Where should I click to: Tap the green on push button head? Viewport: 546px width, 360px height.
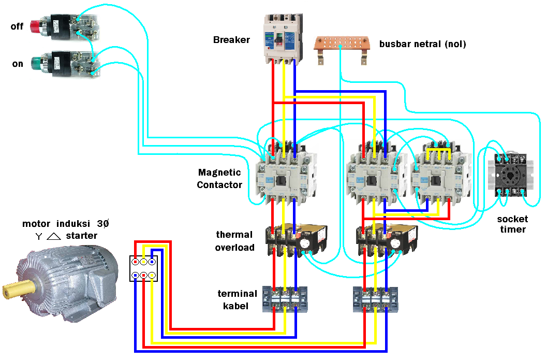(35, 63)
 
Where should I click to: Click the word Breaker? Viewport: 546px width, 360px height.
(231, 40)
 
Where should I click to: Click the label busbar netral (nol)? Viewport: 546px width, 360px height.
(422, 44)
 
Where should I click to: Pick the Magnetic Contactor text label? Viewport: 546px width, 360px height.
(219, 178)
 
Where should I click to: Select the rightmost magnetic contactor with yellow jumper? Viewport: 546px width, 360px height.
(438, 174)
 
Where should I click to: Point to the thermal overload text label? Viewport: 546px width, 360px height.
(235, 241)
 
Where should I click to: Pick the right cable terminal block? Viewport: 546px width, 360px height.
(376, 300)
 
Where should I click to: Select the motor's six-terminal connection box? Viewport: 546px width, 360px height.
(143, 268)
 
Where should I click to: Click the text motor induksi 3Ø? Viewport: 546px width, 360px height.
(65, 224)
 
